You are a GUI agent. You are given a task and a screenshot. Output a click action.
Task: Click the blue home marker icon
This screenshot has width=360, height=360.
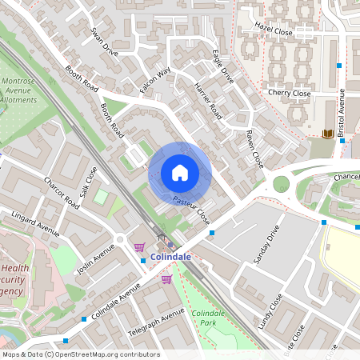click(180, 173)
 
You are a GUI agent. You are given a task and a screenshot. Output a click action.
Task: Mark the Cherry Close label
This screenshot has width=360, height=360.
click(290, 93)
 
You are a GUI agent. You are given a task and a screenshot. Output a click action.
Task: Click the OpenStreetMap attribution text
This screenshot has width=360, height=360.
click(80, 354)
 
